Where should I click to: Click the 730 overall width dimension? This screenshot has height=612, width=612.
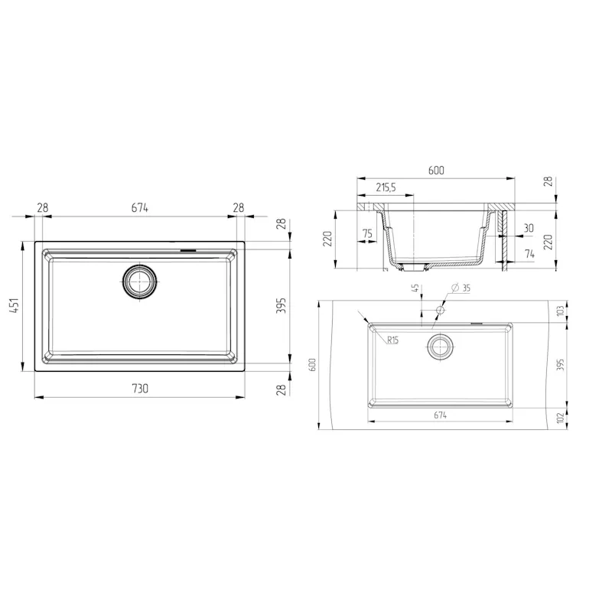pos(139,388)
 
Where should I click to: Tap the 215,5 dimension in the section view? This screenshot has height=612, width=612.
pos(386,187)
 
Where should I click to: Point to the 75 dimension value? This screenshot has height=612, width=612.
pos(367,234)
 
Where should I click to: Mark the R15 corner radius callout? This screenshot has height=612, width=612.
pos(392,340)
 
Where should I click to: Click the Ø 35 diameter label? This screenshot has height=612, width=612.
pos(461,288)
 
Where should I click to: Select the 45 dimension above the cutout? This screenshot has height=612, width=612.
pos(415,289)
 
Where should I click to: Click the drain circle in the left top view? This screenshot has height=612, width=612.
pos(140,281)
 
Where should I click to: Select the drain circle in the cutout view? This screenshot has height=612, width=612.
pos(439,346)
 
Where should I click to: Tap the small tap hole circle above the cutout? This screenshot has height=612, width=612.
pos(440,311)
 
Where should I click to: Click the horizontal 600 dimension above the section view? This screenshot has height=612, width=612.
pos(436,171)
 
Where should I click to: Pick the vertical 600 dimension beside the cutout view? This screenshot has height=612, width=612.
pos(313,366)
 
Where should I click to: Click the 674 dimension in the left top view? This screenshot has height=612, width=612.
pos(139,207)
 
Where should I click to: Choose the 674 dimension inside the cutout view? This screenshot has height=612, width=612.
pos(439,415)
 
